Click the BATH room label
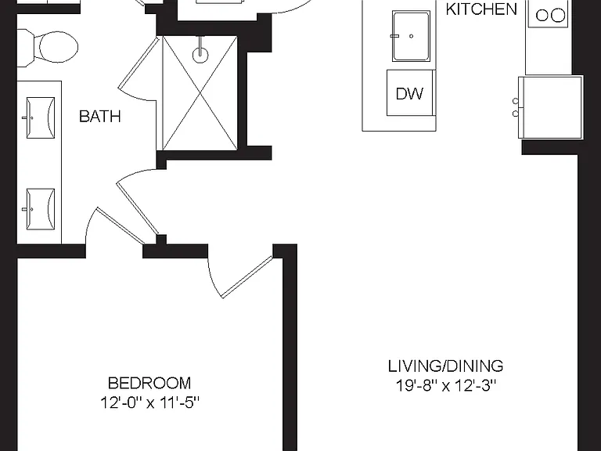pos(99,116)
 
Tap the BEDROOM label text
pos(149,383)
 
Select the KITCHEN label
pos(481,9)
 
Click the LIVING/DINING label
pos(446,366)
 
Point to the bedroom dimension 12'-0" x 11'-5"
pos(150,402)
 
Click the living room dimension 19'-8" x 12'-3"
pos(446,385)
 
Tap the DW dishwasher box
pos(410,93)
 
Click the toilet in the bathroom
pos(48,47)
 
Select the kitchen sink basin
pos(411,36)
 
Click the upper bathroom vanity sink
pos(40,117)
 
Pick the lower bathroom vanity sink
pos(40,209)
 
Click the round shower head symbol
pos(200,55)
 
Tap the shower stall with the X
pos(200,93)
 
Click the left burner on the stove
pos(542,16)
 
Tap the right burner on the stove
pos(558,16)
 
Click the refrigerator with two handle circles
pos(550,107)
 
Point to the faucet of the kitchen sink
pos(395,36)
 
